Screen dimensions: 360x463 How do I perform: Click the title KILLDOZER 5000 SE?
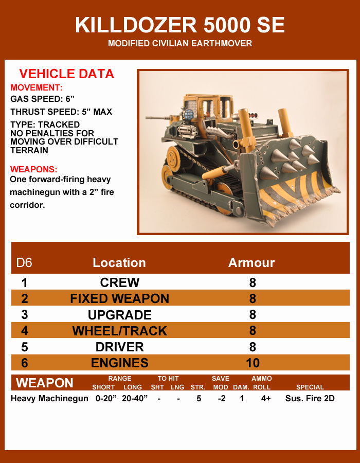tap(179, 25)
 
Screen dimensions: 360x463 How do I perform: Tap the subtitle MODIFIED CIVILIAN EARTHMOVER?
tap(179, 43)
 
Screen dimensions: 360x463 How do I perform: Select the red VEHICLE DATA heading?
tap(67, 74)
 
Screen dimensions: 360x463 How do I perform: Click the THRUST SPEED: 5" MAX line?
tap(61, 112)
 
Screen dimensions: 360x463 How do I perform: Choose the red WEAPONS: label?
tap(33, 169)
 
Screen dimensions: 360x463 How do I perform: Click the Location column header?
tap(119, 263)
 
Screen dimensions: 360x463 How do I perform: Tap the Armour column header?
tap(251, 263)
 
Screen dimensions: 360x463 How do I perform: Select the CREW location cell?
tap(119, 282)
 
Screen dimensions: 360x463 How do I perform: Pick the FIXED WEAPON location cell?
tap(119, 298)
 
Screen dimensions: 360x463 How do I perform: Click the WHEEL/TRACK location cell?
tap(119, 331)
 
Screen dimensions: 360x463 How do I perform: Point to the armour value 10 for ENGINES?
tap(253, 363)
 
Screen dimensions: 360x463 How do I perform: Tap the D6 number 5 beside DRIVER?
tap(25, 347)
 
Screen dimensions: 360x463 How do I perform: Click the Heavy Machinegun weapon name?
tap(49, 399)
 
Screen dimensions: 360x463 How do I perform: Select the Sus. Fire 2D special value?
tap(310, 399)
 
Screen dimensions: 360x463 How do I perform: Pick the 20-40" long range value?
tap(135, 399)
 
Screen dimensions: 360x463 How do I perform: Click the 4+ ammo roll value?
tap(265, 399)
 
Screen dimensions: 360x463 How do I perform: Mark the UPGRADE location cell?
tap(119, 315)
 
